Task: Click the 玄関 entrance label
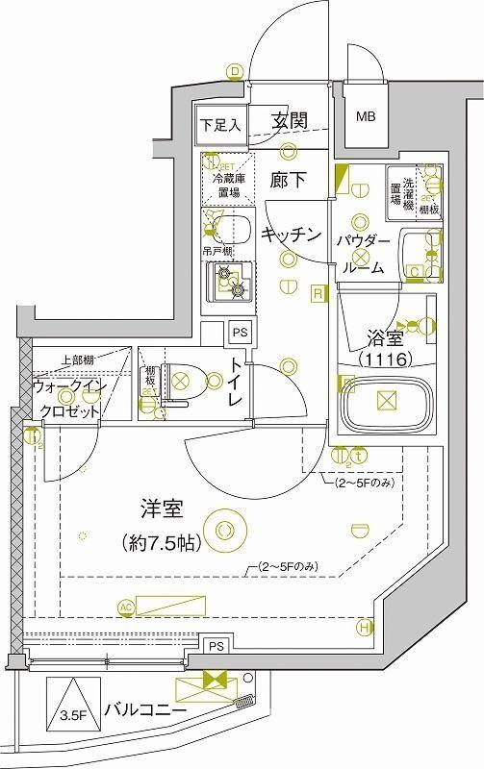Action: point(289,121)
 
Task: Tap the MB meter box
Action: point(367,117)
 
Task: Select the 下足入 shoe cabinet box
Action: point(221,125)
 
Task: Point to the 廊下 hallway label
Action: point(288,179)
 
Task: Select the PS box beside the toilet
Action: point(240,334)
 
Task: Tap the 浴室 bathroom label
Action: point(385,338)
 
